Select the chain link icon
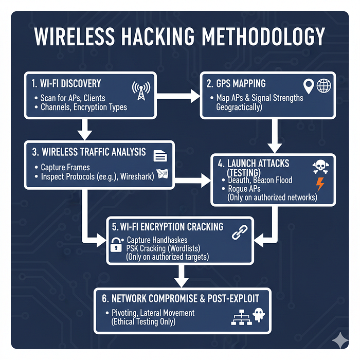click(240, 232)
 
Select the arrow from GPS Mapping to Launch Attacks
click(277, 135)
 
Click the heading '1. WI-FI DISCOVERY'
click(66, 83)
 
